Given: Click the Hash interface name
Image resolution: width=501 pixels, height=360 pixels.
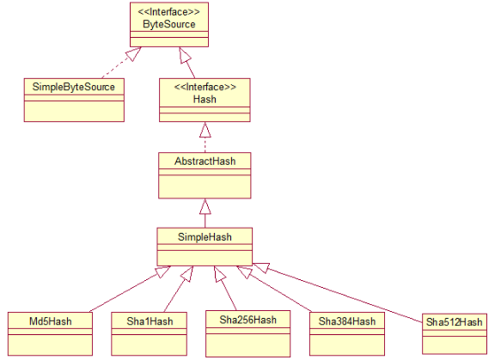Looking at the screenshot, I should [204, 100].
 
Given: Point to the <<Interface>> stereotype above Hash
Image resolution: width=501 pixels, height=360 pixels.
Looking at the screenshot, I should [204, 88].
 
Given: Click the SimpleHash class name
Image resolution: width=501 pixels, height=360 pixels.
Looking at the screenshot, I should [204, 235].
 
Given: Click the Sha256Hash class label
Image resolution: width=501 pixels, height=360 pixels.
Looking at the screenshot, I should [247, 320].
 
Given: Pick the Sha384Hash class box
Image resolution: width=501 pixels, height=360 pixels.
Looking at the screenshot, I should [347, 332].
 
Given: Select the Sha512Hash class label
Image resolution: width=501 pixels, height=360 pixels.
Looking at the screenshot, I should [455, 321].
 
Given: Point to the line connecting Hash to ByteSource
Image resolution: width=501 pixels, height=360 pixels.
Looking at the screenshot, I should [194, 64].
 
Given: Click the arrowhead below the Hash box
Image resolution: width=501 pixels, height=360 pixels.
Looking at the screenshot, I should [204, 130].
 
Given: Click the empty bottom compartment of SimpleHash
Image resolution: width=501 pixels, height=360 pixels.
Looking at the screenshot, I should [204, 256].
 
